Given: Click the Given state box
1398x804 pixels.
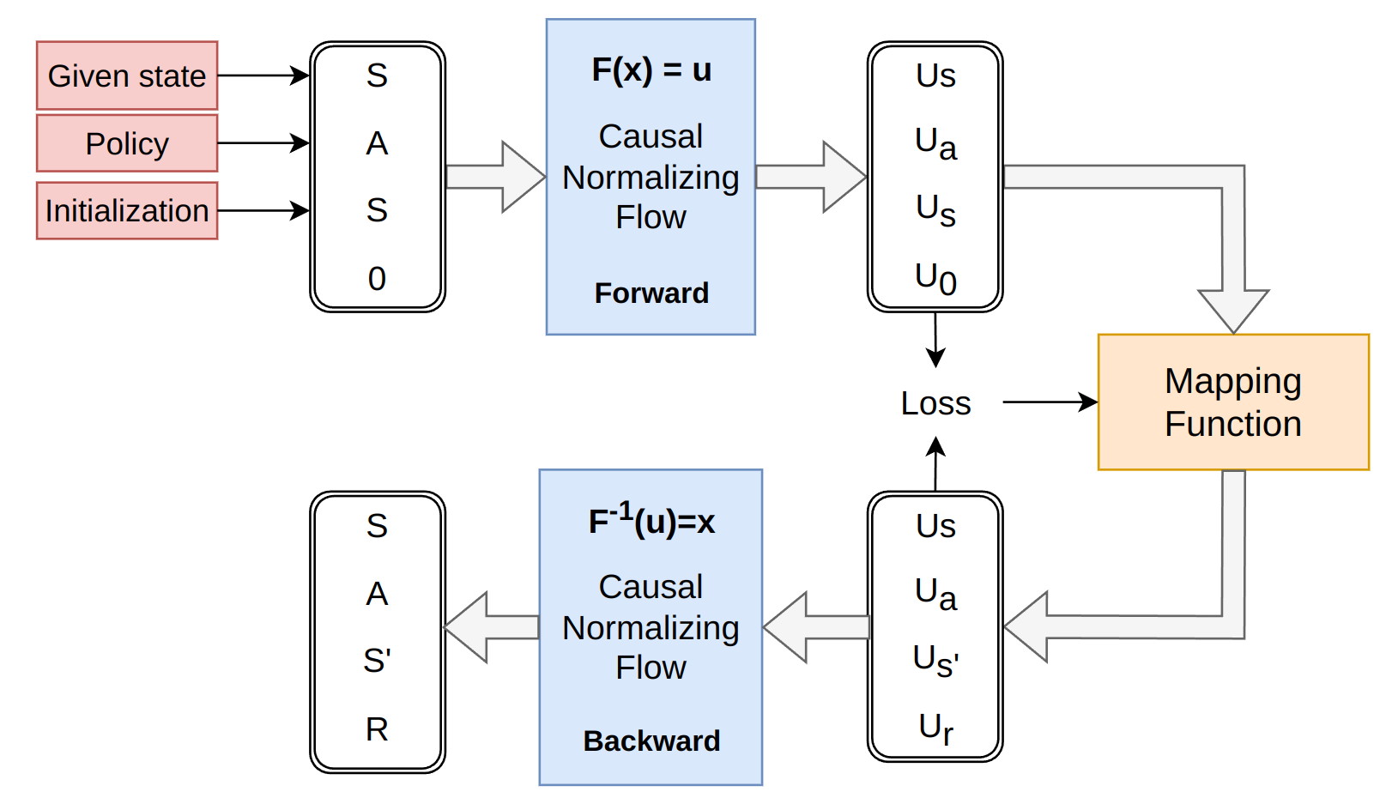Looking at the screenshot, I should coord(127,76).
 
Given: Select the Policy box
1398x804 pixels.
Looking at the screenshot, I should coord(127,143).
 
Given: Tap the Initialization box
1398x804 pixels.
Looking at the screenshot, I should coord(127,210).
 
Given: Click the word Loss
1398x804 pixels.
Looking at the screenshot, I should coord(935,403).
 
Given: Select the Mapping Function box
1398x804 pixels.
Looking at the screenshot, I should coord(1233,402).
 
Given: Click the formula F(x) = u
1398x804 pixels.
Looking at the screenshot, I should coord(651,70).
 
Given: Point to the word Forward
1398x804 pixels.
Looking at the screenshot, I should coord(651,293).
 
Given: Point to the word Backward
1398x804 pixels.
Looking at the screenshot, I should coord(651,741).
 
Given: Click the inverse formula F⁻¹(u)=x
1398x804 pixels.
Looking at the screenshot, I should coord(651,521).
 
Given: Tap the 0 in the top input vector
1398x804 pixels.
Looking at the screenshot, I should coord(377,279).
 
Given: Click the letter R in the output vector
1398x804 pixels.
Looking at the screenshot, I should coord(377,729).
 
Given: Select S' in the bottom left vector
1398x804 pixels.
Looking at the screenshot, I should coord(377,661).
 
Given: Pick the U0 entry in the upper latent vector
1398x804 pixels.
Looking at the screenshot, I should coord(935,279).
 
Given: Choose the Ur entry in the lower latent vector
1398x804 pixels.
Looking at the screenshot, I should coord(935,728).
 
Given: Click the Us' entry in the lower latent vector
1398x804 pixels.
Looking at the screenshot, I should coord(935,661).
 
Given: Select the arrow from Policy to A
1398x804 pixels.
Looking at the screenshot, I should coord(263,143).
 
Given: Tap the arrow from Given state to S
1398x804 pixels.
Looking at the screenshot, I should coord(263,76).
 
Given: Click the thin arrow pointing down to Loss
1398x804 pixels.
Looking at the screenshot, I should coord(935,341).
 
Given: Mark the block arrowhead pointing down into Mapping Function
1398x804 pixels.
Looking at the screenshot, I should coord(1233,311).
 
